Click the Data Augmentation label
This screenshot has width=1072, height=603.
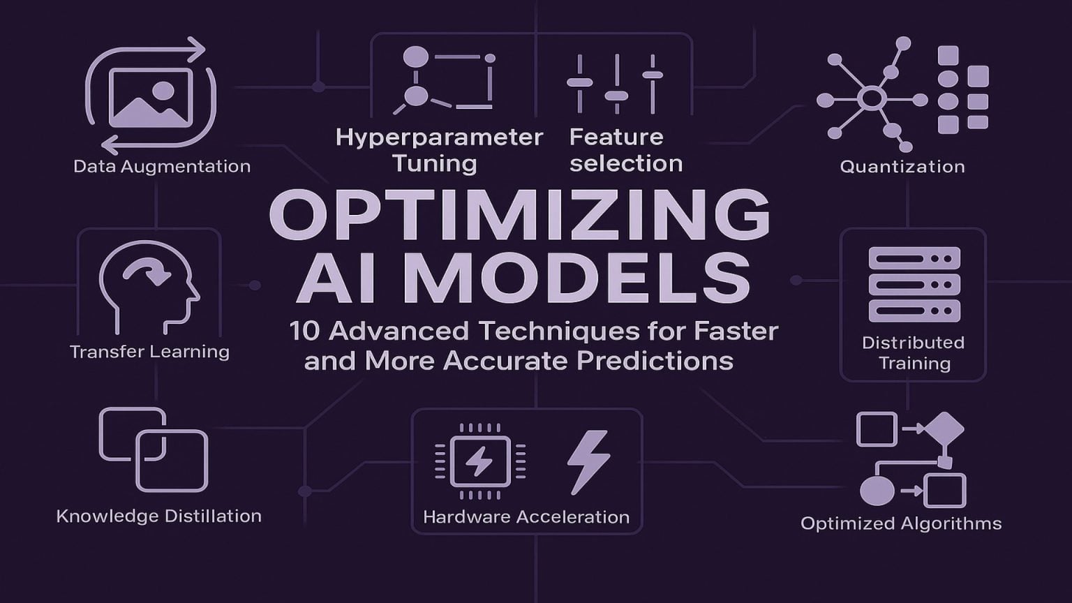[162, 167]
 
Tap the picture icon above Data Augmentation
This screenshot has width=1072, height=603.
[151, 98]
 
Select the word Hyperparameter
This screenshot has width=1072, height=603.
[439, 137]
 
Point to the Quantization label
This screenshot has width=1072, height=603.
[902, 167]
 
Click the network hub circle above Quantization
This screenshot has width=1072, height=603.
[872, 98]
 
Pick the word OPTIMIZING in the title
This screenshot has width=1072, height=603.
[520, 216]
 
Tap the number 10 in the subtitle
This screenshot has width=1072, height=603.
[304, 331]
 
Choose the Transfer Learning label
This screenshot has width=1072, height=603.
[149, 351]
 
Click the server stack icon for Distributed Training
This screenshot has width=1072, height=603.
[914, 285]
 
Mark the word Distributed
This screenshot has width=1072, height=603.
[913, 343]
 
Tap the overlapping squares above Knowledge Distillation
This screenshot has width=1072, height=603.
[154, 449]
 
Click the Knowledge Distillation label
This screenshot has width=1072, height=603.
[159, 516]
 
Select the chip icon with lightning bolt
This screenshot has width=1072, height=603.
[479, 461]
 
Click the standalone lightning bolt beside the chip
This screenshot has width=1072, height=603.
[588, 461]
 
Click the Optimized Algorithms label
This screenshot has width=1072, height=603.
[901, 523]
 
